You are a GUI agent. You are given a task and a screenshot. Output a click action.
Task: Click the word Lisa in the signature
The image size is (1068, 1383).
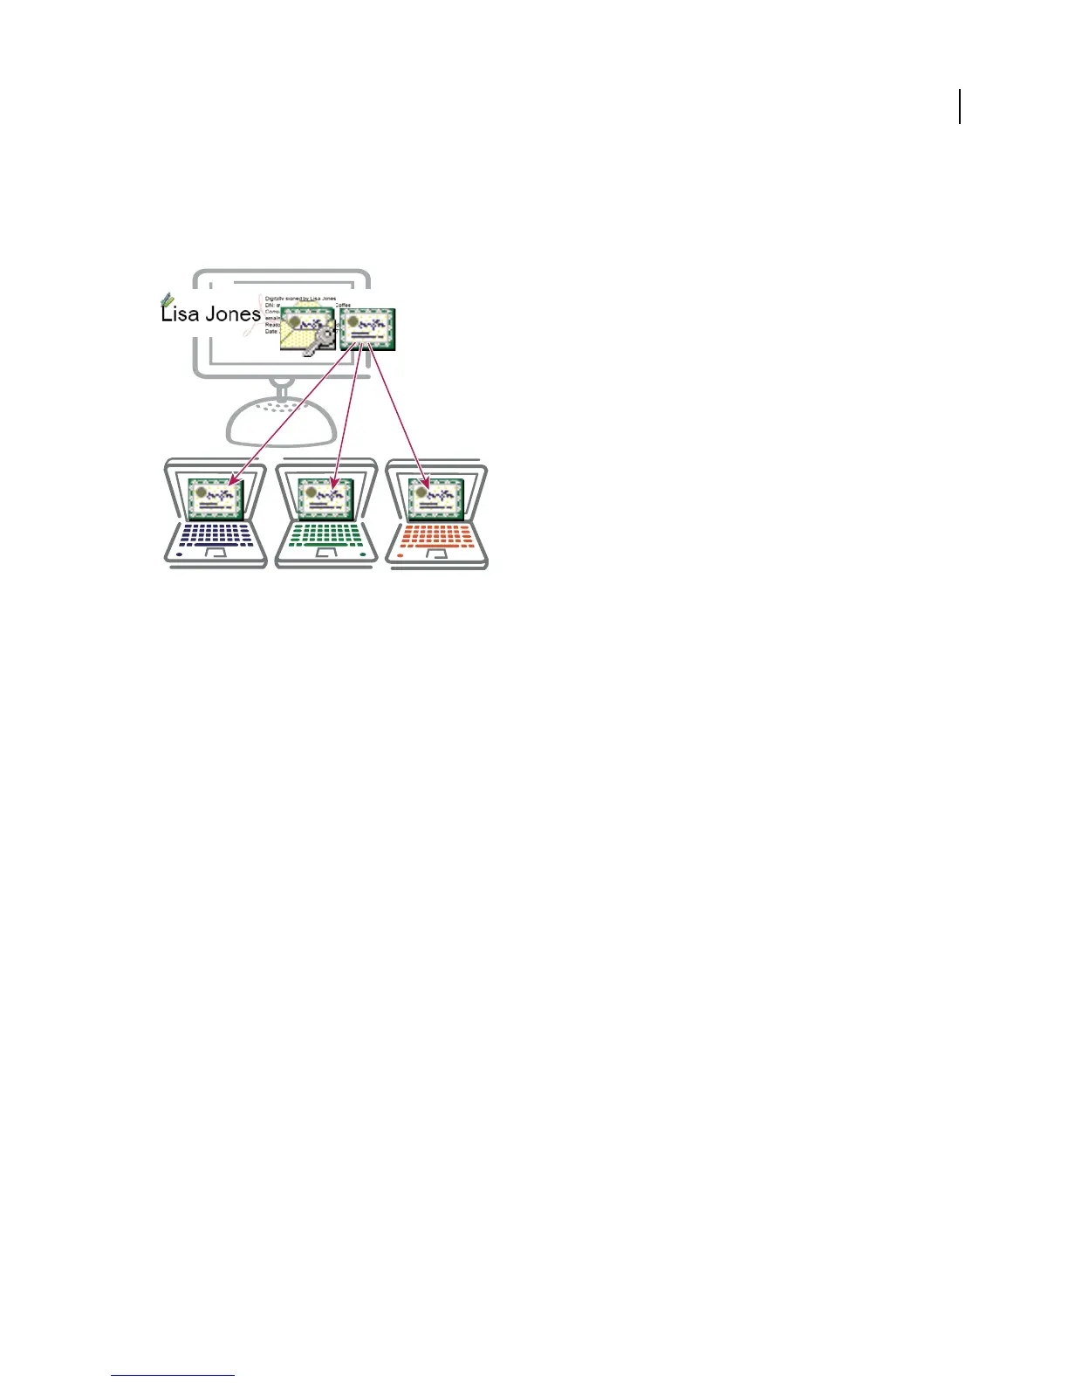180,314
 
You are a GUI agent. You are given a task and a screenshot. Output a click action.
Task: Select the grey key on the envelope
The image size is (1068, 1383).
318,341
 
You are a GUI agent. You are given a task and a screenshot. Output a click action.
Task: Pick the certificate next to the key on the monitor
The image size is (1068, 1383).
367,329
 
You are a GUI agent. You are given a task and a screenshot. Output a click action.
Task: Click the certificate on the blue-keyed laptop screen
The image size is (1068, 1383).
216,499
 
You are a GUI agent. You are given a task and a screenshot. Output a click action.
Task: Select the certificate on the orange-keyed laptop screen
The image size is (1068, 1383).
435,499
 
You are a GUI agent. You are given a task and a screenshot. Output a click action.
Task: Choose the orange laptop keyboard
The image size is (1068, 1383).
436,533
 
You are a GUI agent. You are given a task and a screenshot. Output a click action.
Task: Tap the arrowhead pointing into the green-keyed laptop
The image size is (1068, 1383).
334,482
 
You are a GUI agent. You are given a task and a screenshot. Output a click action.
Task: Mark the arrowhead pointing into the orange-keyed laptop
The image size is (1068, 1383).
427,482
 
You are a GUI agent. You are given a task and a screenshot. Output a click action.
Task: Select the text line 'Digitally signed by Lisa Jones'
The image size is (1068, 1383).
300,299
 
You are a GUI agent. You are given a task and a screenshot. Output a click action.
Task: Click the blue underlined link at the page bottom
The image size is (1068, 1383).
173,1375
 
